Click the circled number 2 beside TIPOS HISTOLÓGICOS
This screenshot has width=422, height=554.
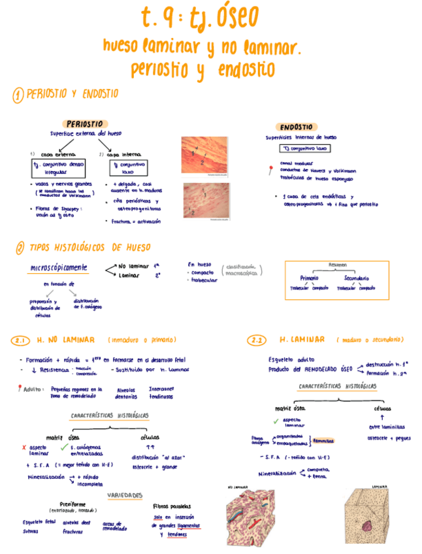20,248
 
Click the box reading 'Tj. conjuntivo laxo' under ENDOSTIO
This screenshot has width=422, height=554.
300,148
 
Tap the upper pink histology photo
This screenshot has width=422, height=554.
204,156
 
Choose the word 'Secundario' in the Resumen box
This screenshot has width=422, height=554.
357,278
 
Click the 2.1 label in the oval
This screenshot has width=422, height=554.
20,340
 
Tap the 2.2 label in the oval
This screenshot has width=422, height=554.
256,340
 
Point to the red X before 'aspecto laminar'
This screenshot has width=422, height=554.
24,448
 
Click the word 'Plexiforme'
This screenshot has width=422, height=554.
72,504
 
